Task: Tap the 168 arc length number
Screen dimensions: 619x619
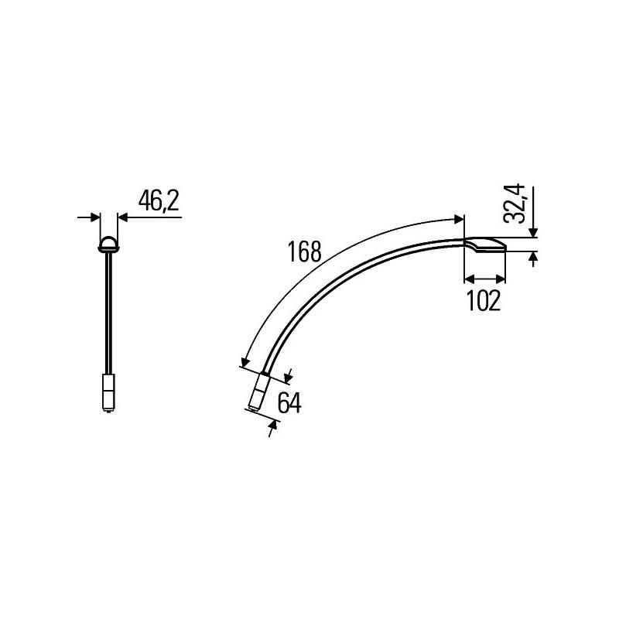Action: point(303,253)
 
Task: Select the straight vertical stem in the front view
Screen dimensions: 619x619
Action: point(108,317)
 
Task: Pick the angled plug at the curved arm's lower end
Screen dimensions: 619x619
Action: point(257,392)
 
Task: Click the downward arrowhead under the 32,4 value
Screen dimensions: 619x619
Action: point(534,233)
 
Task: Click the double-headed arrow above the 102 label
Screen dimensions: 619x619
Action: point(485,279)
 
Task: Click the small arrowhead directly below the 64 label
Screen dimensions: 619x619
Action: point(273,424)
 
